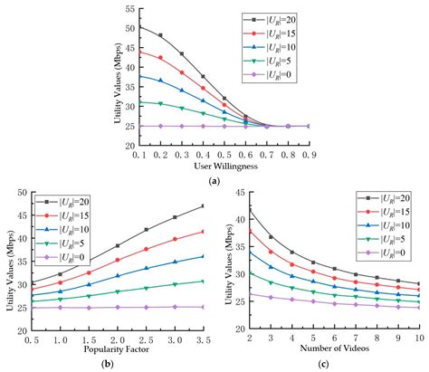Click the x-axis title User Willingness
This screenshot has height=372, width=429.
coord(214,167)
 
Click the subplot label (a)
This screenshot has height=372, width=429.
coord(214,181)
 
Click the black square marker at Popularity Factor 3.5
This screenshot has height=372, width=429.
coord(204,206)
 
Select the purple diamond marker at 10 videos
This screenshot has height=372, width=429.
coord(418,308)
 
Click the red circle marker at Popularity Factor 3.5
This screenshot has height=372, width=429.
coord(204,232)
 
